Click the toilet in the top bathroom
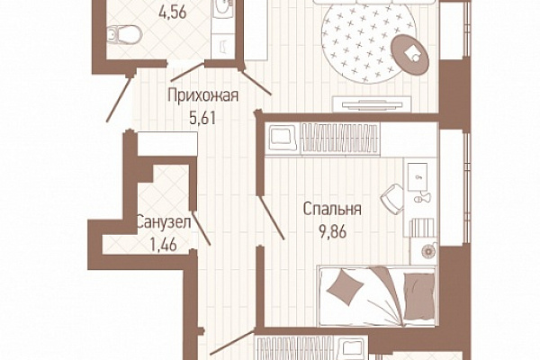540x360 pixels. coord(124,34)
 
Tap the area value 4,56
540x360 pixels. coord(173,13)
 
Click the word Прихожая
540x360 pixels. coord(202,95)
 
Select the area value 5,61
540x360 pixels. coord(202,118)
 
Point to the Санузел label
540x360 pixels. coord(164,222)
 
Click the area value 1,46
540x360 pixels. coord(163,245)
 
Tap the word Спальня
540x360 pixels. coord(332,209)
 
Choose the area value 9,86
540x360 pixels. coord(333,232)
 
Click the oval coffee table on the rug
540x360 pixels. coord(410,54)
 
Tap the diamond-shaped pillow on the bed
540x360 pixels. coord(346,287)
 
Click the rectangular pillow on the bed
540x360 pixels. coord(418,296)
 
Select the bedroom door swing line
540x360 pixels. coord(271,218)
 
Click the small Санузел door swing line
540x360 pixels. coord(201,228)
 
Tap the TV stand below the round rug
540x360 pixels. coord(372,104)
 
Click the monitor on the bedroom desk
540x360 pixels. coord(418,176)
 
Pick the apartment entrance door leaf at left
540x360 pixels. coord(119,99)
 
